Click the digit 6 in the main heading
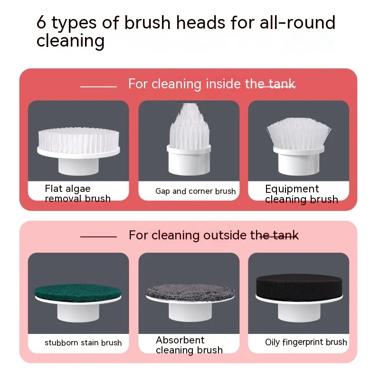41,22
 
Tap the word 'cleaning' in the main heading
70,41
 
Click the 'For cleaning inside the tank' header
212,84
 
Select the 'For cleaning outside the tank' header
213,235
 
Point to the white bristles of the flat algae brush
78,140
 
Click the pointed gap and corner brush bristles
189,125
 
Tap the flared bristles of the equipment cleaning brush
299,133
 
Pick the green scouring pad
78,292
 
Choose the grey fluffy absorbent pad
190,293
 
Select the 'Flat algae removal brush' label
77,193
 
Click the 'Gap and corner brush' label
195,191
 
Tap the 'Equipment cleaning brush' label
302,194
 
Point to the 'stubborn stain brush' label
83,342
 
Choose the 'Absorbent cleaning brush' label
189,345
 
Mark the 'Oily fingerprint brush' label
306,342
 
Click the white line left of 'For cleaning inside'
98,86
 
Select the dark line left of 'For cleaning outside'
98,237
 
